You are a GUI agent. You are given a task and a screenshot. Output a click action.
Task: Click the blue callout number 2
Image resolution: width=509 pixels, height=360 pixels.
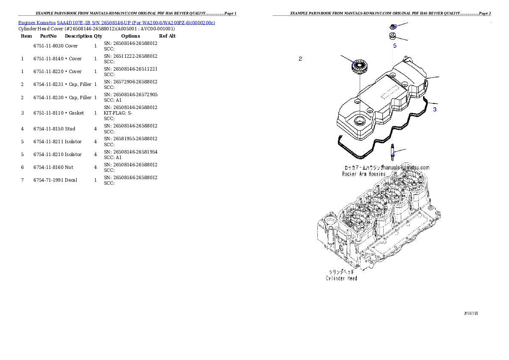pyautogui.click(x=300, y=59)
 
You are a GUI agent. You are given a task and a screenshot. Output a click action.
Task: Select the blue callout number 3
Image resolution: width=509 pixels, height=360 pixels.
pyautogui.click(x=435, y=109)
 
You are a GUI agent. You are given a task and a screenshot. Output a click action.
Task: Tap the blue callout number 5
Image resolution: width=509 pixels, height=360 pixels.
pyautogui.click(x=395, y=45)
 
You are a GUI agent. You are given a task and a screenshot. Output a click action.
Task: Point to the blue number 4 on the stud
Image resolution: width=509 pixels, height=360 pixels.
pyautogui.click(x=393, y=154)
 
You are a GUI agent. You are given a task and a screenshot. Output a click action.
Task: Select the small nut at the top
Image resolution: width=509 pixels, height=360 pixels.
pyautogui.click(x=393, y=26)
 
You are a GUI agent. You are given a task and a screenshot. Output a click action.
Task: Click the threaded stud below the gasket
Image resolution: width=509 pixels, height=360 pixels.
pyautogui.click(x=393, y=153)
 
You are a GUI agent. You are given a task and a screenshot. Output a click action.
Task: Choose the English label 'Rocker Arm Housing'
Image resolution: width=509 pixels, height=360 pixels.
pyautogui.click(x=364, y=174)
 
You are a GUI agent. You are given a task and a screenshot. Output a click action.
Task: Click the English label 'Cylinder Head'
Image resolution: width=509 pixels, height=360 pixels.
pyautogui.click(x=341, y=278)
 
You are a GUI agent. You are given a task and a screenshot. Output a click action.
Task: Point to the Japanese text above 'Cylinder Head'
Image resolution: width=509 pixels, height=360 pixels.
pyautogui.click(x=341, y=272)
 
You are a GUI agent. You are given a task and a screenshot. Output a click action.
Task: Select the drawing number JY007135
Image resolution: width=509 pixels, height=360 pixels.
pyautogui.click(x=471, y=313)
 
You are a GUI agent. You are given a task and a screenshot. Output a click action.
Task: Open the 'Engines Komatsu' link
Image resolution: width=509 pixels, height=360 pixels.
pyautogui.click(x=37, y=22)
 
